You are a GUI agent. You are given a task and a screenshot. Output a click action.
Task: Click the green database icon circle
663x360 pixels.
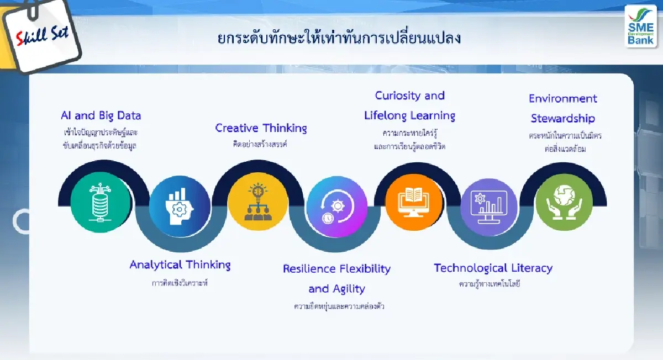pyautogui.click(x=101, y=202)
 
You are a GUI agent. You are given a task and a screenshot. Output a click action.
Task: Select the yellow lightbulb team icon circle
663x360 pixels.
pyautogui.click(x=258, y=202)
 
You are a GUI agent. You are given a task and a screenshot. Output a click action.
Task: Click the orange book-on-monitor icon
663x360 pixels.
pyautogui.click(x=414, y=202)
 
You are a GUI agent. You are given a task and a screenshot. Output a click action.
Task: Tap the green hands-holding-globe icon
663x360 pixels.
pyautogui.click(x=564, y=202)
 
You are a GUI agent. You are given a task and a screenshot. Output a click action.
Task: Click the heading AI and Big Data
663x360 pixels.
pyautogui.click(x=101, y=115)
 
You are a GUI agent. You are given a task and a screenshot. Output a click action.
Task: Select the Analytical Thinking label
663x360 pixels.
pyautogui.click(x=180, y=264)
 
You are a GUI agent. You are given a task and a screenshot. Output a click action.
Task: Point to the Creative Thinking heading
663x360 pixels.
pyautogui.click(x=261, y=128)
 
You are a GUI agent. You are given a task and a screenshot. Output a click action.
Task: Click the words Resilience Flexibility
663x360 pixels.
pyautogui.click(x=336, y=269)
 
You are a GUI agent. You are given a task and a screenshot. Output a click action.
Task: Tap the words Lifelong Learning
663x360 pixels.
pyautogui.click(x=409, y=115)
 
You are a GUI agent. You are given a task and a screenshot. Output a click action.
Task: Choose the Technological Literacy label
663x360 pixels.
pyautogui.click(x=493, y=268)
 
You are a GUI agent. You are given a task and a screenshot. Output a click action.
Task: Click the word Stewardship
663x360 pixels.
pyautogui.click(x=562, y=118)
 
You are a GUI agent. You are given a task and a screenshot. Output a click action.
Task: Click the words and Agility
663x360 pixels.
pyautogui.click(x=336, y=289)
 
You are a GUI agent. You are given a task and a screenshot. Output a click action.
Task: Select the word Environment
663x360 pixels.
pyautogui.click(x=562, y=98)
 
